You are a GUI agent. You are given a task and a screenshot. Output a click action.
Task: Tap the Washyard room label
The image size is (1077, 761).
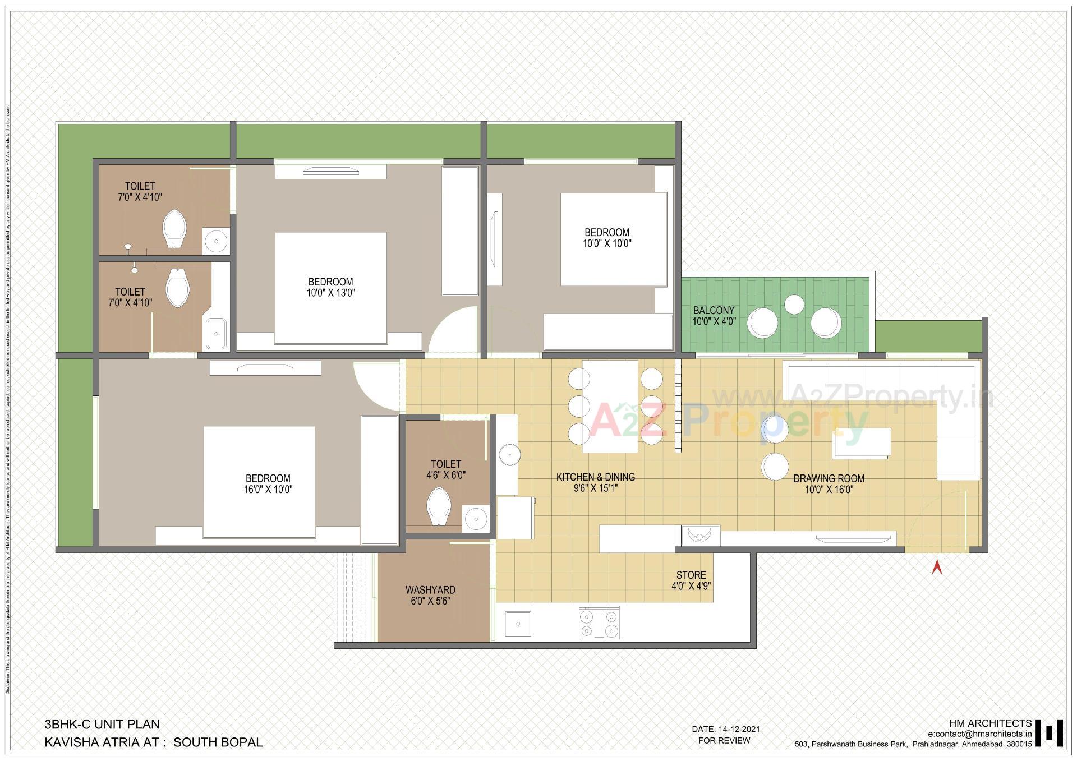[430, 590]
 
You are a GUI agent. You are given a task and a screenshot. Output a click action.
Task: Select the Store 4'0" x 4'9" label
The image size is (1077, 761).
[691, 580]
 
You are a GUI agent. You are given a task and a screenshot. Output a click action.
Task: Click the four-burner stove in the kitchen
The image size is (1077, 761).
[599, 622]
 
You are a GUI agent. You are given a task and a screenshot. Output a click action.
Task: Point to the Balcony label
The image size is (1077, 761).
[714, 310]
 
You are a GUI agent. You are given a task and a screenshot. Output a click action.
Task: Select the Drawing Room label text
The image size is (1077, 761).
[829, 478]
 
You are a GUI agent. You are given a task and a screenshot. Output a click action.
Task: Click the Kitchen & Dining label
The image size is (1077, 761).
[595, 477]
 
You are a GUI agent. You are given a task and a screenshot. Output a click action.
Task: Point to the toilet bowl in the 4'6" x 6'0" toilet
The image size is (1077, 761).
[439, 506]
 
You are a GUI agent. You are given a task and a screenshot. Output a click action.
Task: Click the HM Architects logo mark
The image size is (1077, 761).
[1050, 733]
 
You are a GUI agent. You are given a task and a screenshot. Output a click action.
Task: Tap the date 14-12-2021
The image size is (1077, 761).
[738, 729]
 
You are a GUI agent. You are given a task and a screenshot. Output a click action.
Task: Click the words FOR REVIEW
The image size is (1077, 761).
[724, 741]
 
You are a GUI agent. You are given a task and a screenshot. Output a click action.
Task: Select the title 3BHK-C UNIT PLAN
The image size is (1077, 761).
[102, 724]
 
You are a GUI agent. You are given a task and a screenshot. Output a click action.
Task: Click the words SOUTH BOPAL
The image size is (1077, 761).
[218, 742]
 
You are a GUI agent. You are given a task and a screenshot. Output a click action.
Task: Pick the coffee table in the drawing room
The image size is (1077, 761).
[862, 443]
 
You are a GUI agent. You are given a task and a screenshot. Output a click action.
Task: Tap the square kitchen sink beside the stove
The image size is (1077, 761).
[518, 624]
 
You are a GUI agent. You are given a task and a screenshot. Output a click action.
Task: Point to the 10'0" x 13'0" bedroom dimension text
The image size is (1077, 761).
[330, 293]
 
